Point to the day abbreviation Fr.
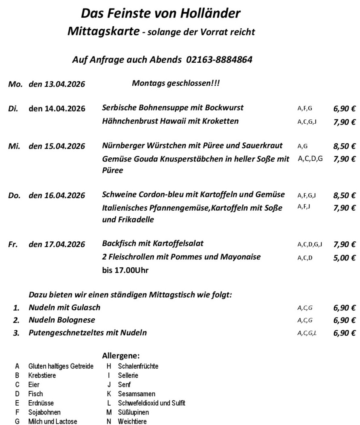click(13, 244)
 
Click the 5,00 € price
click(344, 258)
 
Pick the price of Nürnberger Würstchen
click(344, 146)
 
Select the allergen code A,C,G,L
click(307, 334)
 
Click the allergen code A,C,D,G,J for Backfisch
click(309, 244)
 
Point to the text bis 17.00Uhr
click(125, 270)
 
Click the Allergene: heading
click(121, 356)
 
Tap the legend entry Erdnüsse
click(41, 403)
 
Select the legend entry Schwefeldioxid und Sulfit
click(151, 403)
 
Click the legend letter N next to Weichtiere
click(109, 421)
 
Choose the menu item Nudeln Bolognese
click(62, 320)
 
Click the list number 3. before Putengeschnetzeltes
click(16, 334)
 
